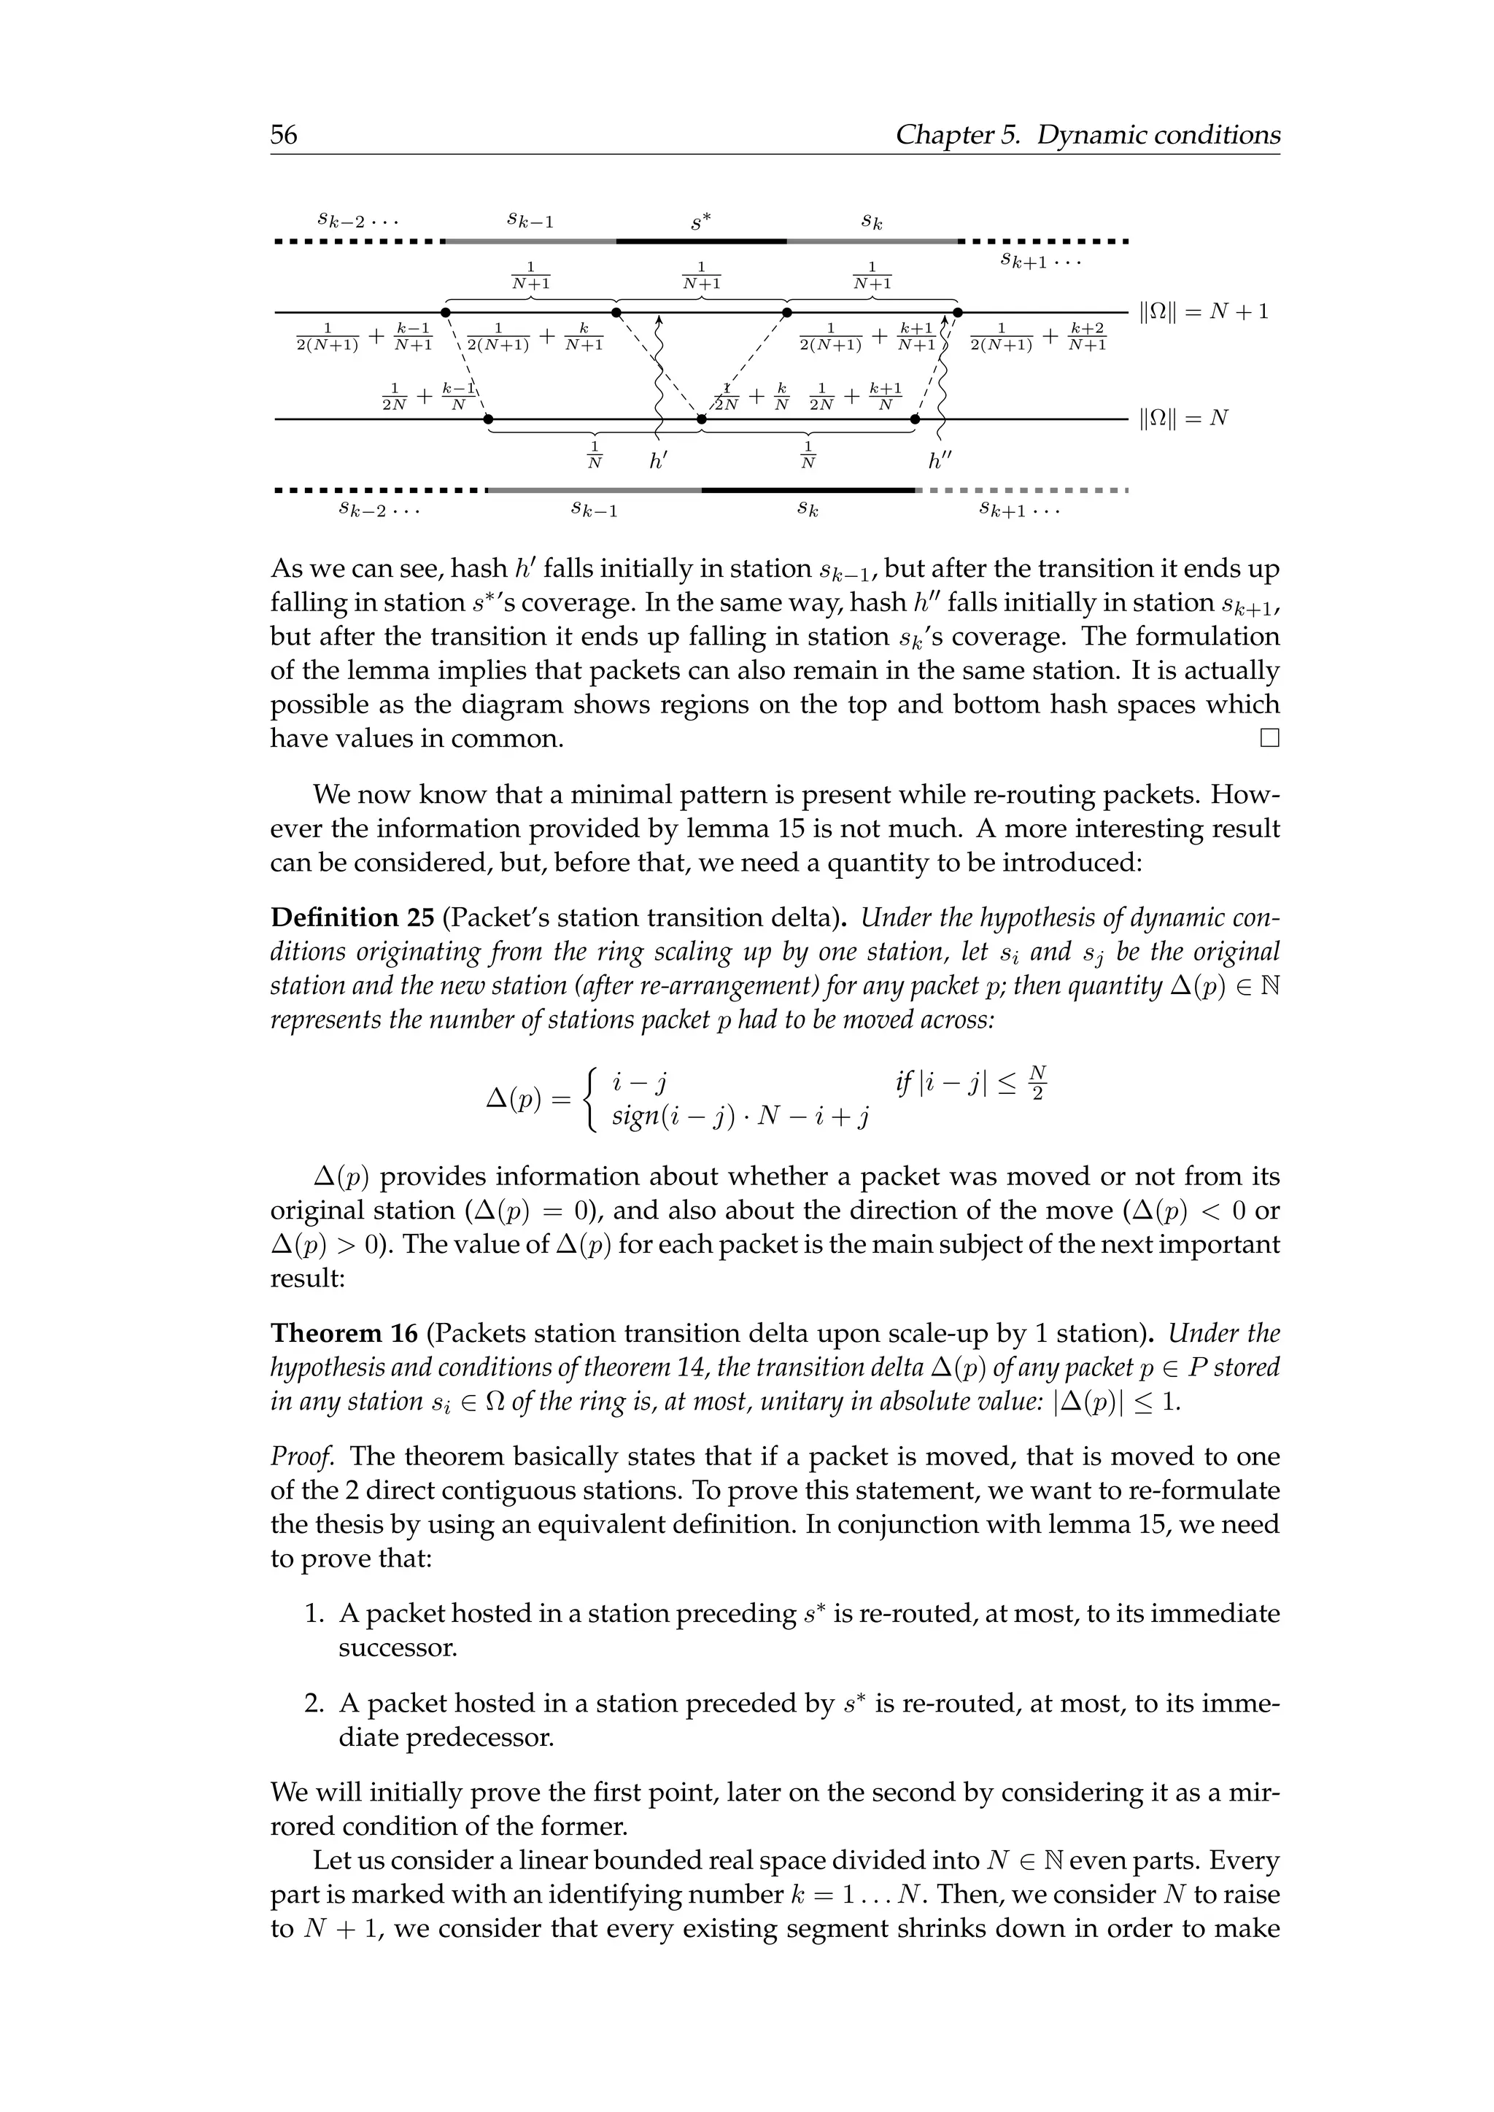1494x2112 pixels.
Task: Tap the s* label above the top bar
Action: coord(701,222)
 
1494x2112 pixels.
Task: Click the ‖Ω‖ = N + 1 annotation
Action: coord(1203,313)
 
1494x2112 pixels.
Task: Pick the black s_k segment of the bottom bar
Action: coord(808,490)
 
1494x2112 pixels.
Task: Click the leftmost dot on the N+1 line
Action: coord(445,313)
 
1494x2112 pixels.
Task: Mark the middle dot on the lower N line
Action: coord(701,419)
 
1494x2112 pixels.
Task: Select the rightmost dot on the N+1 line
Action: coord(957,313)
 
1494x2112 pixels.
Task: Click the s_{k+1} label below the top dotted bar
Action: coord(1040,262)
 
